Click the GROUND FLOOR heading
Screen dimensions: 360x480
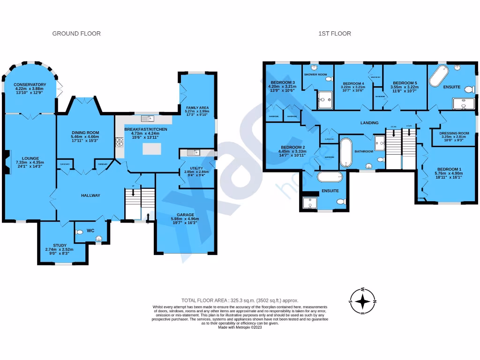click(76, 33)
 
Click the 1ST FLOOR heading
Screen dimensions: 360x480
click(335, 33)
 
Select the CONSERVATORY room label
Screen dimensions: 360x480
click(30, 84)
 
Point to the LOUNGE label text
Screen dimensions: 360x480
click(30, 158)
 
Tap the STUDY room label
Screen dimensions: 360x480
click(59, 245)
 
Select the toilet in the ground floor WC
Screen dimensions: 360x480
click(98, 239)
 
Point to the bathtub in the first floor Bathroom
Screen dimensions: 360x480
click(345, 152)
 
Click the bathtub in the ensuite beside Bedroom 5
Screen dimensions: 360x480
click(440, 77)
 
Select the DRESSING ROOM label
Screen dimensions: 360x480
click(454, 133)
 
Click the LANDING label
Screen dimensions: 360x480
click(369, 123)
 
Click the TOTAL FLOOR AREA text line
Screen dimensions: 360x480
click(240, 300)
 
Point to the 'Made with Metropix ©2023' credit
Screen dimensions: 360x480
click(240, 327)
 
